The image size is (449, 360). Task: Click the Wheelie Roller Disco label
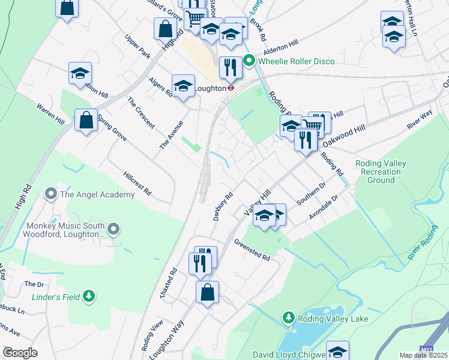tap(297, 61)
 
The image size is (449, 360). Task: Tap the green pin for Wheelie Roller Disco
tap(250, 61)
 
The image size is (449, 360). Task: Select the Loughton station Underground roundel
tap(229, 87)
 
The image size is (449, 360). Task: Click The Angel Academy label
tap(97, 194)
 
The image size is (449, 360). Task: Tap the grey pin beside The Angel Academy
tap(51, 194)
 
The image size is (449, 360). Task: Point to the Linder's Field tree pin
tap(89, 296)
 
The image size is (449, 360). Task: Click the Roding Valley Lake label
tap(334, 319)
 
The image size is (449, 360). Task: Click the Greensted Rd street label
tap(252, 250)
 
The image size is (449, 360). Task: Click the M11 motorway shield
tap(426, 349)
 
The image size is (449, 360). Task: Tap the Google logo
tap(20, 353)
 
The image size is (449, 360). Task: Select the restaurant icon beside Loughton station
tap(231, 67)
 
